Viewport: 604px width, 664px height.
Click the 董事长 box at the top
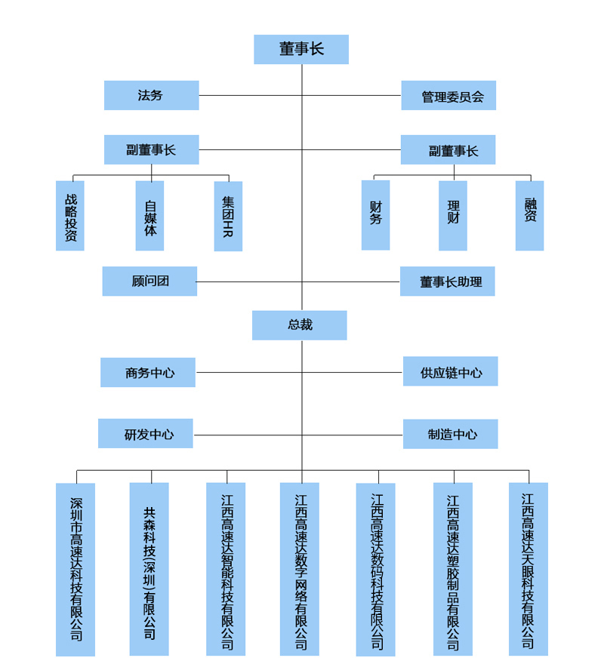coord(301,49)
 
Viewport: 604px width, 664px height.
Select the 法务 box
coord(151,96)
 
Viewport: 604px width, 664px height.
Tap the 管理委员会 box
coord(448,96)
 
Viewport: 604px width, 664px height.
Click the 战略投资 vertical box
coord(70,216)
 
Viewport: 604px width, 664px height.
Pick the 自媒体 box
coord(149,216)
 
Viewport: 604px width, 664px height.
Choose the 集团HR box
coord(228,217)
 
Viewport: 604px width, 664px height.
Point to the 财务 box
coord(375,215)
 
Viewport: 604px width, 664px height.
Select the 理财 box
coord(453,216)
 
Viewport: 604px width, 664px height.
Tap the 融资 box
coord(529,216)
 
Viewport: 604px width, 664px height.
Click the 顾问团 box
coord(149,281)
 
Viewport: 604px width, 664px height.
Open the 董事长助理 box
coord(448,281)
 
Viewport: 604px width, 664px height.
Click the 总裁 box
coord(300,325)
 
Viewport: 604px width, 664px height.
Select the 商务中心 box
coord(148,373)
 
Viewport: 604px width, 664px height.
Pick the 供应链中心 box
coord(451,372)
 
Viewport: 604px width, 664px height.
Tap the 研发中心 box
coord(146,434)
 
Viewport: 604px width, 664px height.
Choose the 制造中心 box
coord(451,435)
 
